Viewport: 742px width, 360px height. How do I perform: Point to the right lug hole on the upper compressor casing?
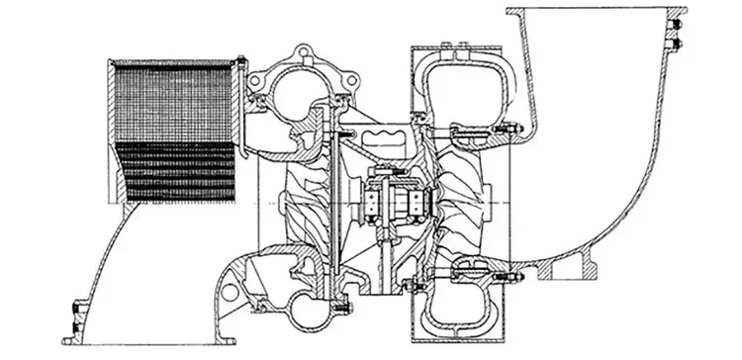coord(347,76)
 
